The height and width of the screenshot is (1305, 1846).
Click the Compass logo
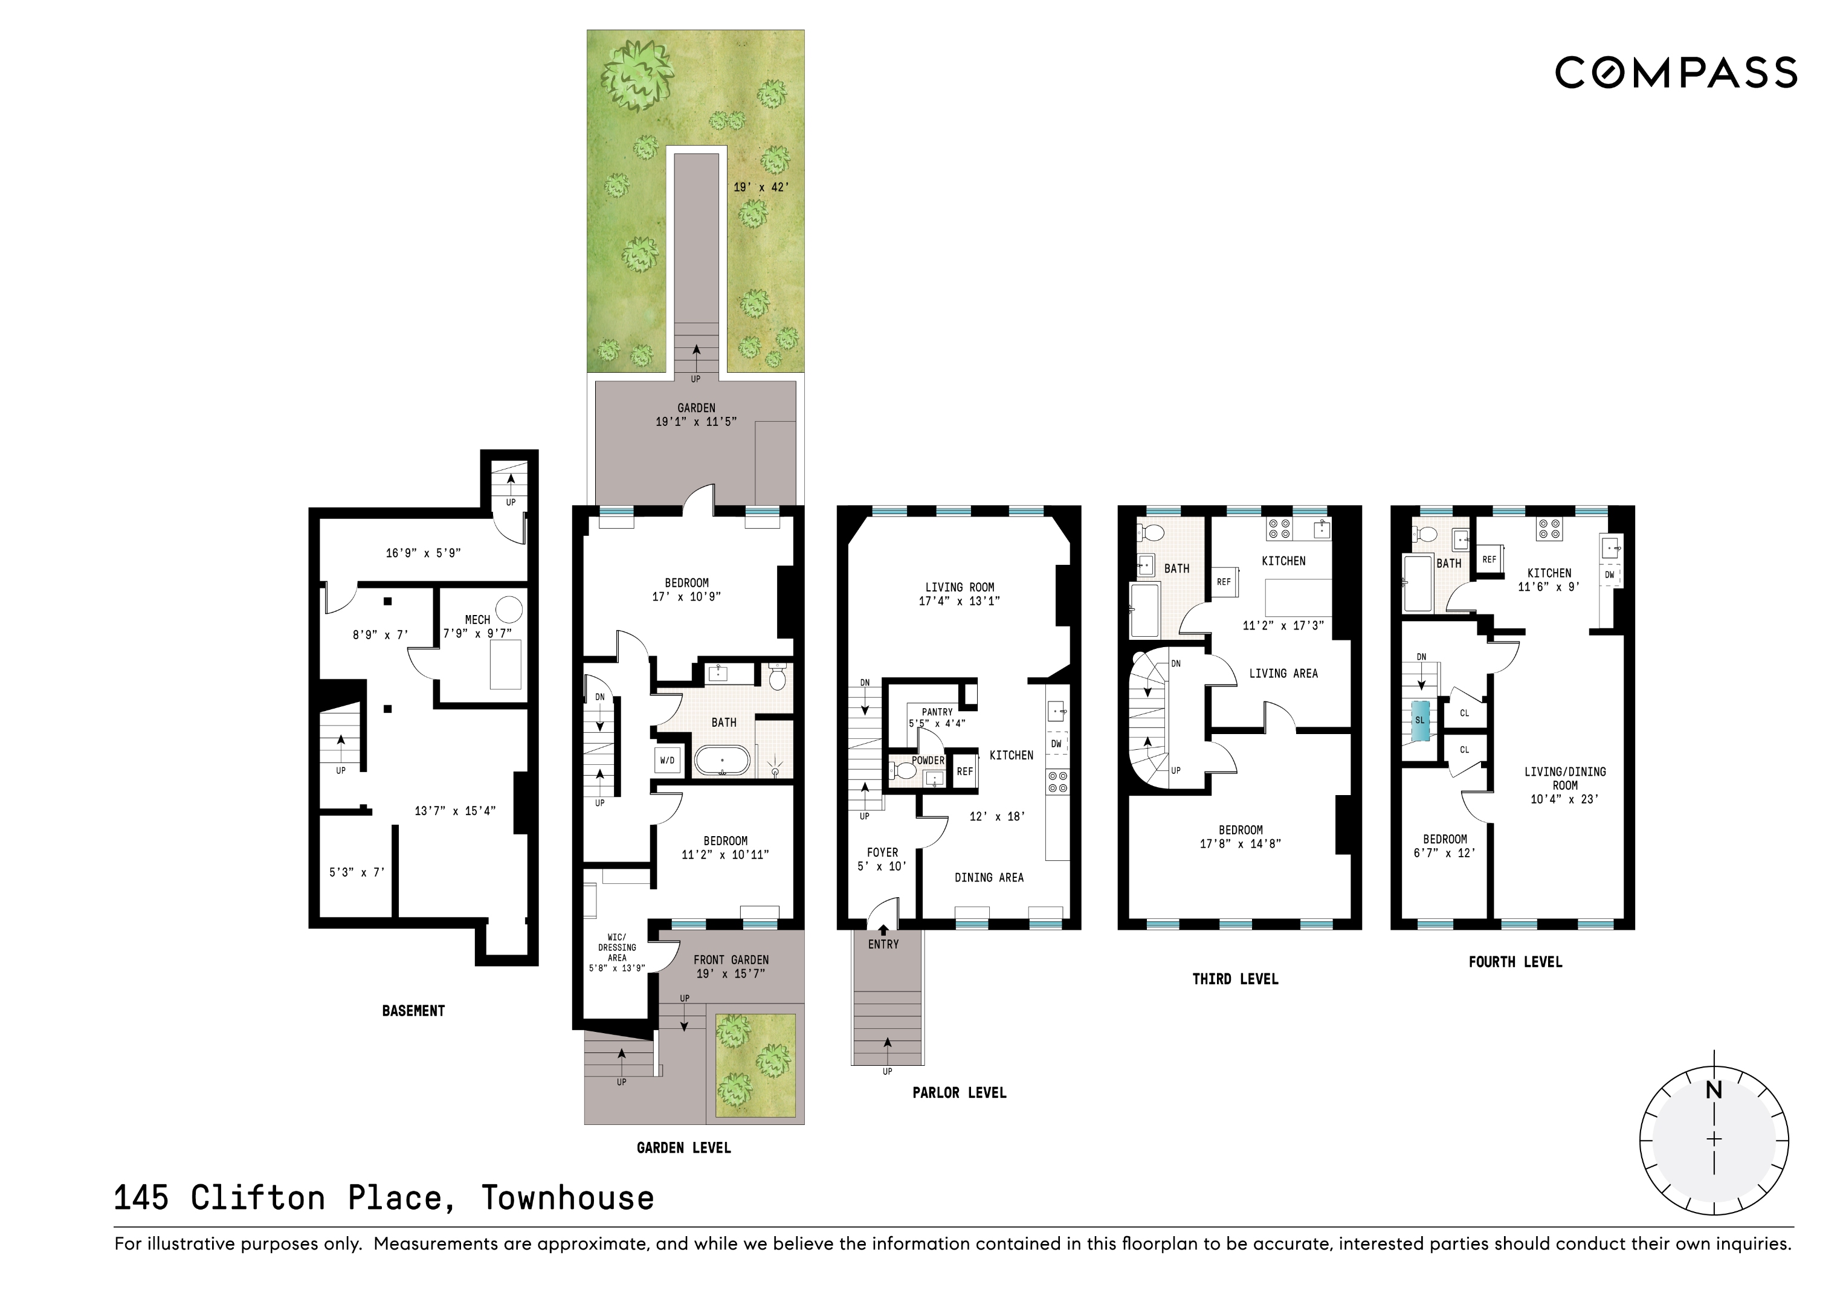(1676, 72)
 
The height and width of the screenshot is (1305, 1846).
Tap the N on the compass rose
(1714, 1091)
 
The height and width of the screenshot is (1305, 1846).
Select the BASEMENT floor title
(413, 1011)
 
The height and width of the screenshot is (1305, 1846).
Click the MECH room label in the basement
(477, 620)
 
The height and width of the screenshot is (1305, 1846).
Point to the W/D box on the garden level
(667, 761)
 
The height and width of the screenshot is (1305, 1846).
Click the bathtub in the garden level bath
(722, 761)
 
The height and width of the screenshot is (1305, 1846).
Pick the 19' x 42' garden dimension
(761, 187)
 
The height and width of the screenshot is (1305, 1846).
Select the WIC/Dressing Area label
(617, 953)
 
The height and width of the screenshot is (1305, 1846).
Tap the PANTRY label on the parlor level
(937, 712)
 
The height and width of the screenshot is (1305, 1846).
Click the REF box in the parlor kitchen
(965, 771)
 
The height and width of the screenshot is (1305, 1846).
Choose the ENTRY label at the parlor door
(883, 945)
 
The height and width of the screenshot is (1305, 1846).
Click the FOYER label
(882, 852)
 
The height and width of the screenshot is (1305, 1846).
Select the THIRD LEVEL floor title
(1235, 979)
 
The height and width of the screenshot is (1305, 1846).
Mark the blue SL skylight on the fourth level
(1420, 720)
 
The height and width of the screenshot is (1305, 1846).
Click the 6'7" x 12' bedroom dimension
(1445, 853)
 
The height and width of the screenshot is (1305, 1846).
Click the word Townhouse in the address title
(567, 1198)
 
